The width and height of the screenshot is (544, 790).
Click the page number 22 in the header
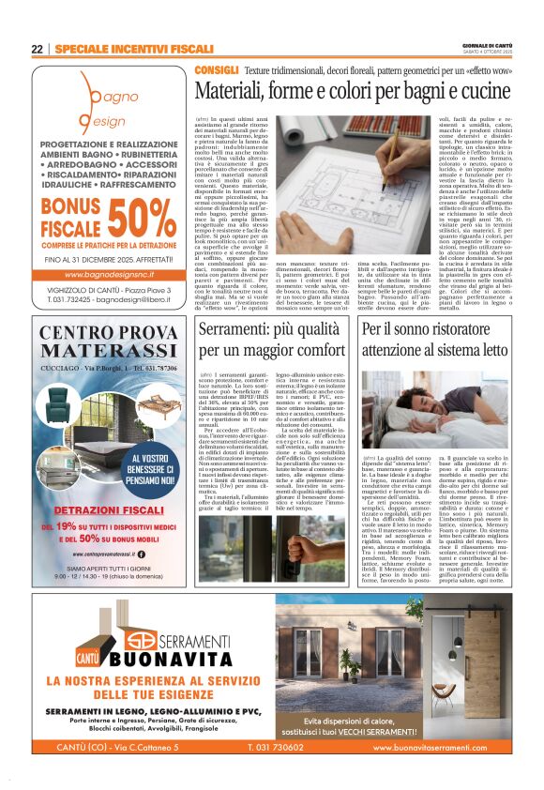point(38,50)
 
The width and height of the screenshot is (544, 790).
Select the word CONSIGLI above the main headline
point(217,70)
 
